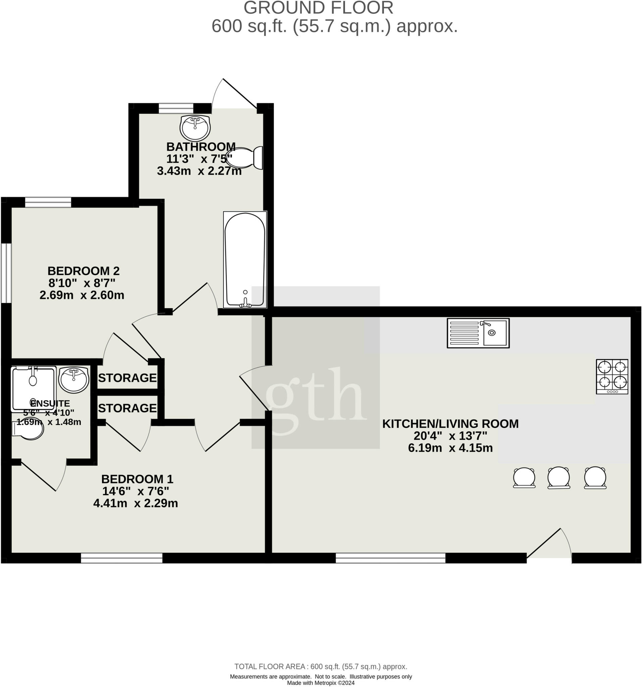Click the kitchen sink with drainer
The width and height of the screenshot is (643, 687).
[x=478, y=333]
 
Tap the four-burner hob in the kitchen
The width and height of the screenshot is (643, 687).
[x=612, y=376]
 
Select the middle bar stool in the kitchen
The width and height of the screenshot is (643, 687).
[x=559, y=478]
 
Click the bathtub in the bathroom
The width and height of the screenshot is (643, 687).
[x=245, y=260]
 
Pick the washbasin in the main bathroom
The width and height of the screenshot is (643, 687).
[x=195, y=127]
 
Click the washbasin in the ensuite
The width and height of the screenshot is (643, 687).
[x=73, y=380]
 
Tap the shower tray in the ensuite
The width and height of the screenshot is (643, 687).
[x=33, y=389]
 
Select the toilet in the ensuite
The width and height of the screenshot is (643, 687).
[x=28, y=430]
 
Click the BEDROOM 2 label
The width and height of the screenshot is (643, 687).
[x=84, y=271]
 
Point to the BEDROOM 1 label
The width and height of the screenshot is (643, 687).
[x=137, y=479]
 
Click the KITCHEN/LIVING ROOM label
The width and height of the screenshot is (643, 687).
[x=450, y=424]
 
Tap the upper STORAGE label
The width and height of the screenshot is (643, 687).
[x=127, y=378]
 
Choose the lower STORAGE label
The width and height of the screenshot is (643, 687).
[x=127, y=408]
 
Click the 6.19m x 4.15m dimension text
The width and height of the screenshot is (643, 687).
[x=450, y=448]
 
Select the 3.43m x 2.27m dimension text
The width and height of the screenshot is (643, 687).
[x=199, y=171]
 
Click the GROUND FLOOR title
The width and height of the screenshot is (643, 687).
[x=318, y=8]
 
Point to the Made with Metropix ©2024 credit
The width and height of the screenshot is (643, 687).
[x=320, y=683]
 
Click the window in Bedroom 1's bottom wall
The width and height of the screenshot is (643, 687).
[x=122, y=558]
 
